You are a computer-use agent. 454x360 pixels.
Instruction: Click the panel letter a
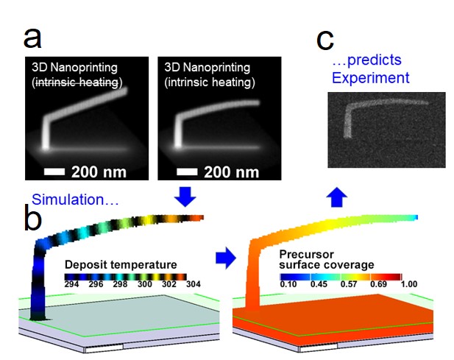(x=32, y=38)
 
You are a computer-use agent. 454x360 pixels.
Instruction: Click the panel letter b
(x=32, y=217)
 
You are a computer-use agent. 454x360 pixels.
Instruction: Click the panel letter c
(x=325, y=40)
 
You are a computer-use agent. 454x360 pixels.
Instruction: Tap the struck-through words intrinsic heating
(x=77, y=82)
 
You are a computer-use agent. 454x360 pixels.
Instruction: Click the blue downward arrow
(x=185, y=197)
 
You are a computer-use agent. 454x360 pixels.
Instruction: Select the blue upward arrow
(x=337, y=197)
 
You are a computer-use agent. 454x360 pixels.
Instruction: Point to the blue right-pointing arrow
(x=226, y=258)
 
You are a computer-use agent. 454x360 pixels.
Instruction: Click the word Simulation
(x=68, y=200)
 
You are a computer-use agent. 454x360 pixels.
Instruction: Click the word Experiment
(x=371, y=77)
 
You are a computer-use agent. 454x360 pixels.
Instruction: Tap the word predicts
(x=374, y=60)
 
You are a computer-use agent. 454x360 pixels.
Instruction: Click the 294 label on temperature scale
(x=71, y=284)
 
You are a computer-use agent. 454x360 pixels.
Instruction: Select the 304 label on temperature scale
(x=194, y=284)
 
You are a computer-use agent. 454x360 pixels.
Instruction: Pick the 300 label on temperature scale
(x=144, y=284)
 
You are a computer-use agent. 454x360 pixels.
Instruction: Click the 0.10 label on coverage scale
(x=288, y=284)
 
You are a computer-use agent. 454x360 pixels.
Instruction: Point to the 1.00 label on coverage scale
(x=409, y=284)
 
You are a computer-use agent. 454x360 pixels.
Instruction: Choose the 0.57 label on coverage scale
(x=349, y=284)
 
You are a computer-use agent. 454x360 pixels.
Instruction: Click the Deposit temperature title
(x=121, y=265)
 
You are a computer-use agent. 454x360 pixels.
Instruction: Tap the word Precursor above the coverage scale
(x=306, y=254)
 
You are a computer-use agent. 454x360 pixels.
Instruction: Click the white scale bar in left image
(x=54, y=172)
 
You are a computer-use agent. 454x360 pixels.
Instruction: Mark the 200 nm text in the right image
(x=231, y=172)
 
